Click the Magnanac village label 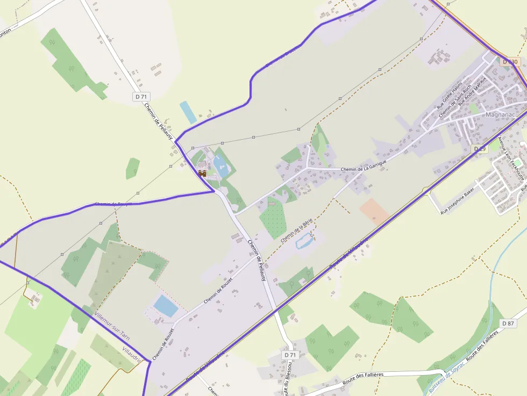point(501,115)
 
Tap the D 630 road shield point(511,62)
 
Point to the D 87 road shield point(508,323)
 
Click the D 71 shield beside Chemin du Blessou point(290,355)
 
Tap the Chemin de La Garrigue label point(364,169)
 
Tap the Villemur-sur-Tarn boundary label point(111,327)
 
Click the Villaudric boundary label point(132,355)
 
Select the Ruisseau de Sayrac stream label point(446,379)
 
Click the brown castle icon point(202,172)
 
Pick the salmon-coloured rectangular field point(375,211)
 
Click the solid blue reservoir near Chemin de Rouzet point(166,306)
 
